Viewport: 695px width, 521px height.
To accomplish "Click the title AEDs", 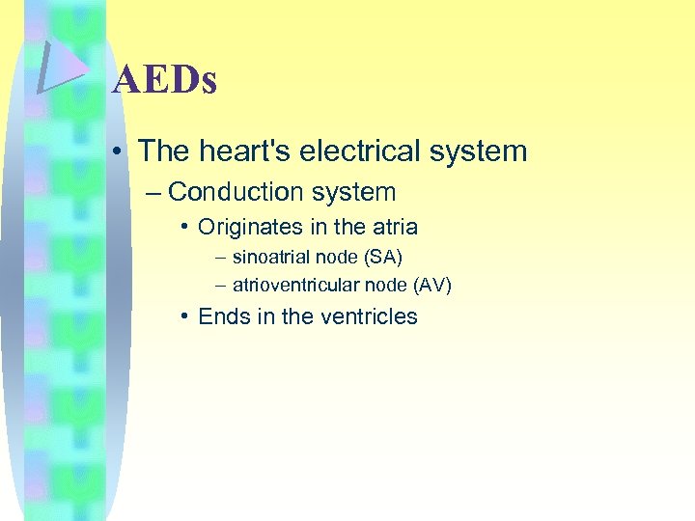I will coord(164,80).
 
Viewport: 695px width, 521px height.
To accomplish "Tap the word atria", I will coord(395,228).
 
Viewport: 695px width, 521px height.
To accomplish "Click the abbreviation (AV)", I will coord(431,286).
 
